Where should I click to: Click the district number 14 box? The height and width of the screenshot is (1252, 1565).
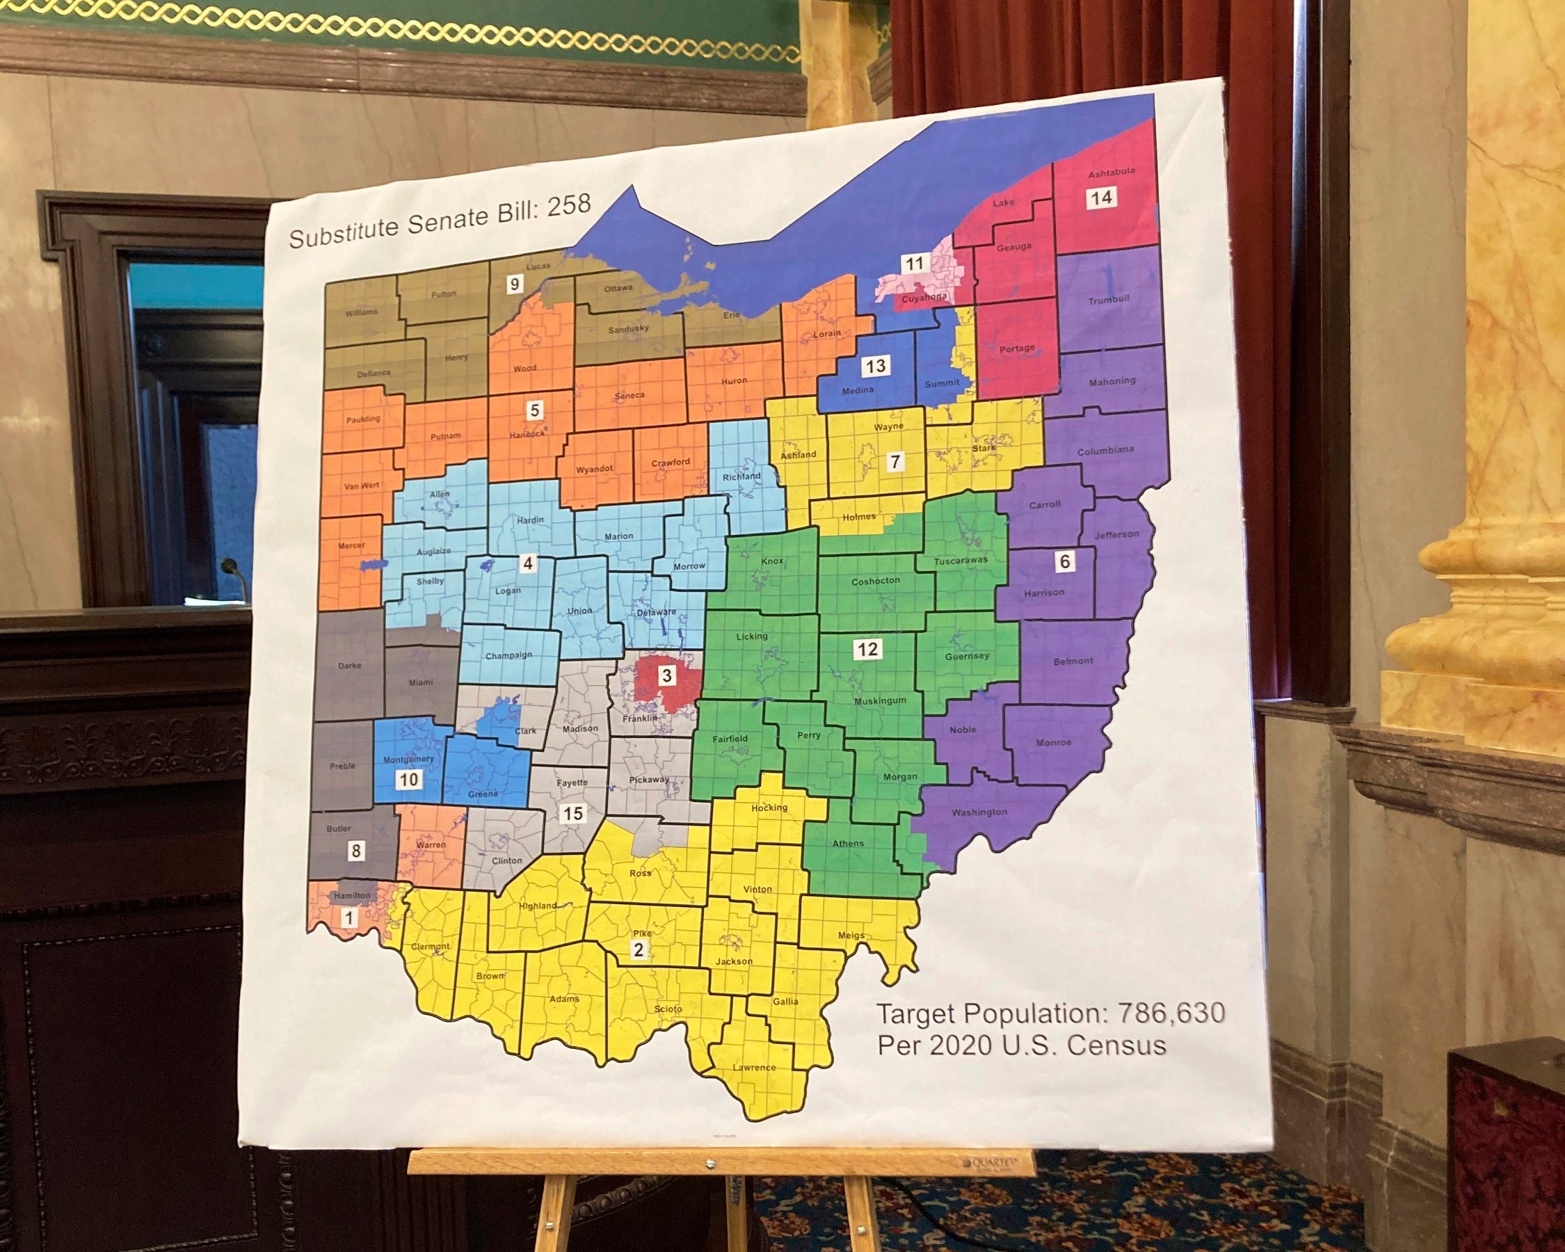coord(1100,198)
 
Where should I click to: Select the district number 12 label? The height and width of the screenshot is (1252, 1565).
coord(867,649)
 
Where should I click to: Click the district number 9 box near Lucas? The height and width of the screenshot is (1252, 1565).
coord(515,284)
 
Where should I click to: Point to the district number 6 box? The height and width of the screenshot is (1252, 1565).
coord(1064,561)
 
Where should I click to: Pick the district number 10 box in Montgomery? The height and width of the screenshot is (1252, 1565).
coord(408,780)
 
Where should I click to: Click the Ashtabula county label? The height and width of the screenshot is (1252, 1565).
coord(1111,172)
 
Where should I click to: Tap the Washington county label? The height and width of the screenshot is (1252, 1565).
coord(979,812)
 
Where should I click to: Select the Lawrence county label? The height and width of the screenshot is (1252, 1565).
coord(753,1068)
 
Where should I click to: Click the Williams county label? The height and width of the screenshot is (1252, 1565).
coord(361,312)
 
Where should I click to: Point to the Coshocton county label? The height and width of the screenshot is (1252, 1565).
coord(875,581)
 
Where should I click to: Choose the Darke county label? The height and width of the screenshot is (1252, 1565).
coord(349,666)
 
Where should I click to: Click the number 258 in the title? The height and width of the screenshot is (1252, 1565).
coord(568,206)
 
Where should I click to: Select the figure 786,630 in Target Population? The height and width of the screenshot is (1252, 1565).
coord(1171,1013)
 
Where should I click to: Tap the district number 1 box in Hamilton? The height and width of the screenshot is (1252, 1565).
coord(349,918)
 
